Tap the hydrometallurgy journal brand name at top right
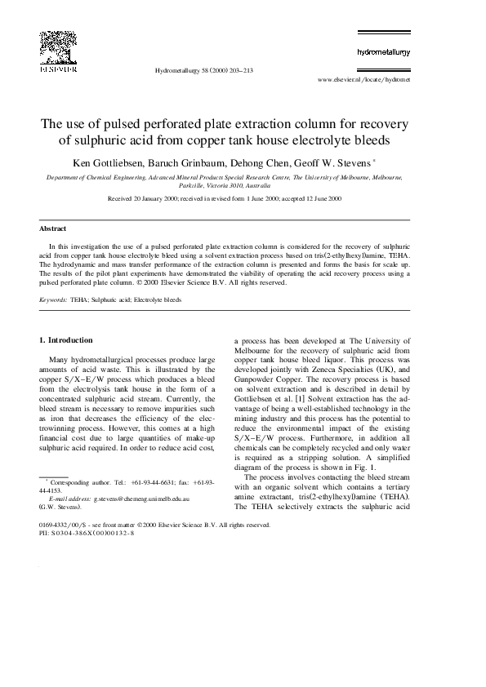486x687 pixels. (x=383, y=51)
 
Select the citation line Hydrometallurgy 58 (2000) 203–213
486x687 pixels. (x=203, y=71)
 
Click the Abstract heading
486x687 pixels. (x=52, y=228)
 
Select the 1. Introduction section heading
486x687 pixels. (x=70, y=339)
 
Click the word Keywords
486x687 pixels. (x=54, y=299)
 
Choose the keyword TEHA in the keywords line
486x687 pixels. (x=79, y=299)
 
